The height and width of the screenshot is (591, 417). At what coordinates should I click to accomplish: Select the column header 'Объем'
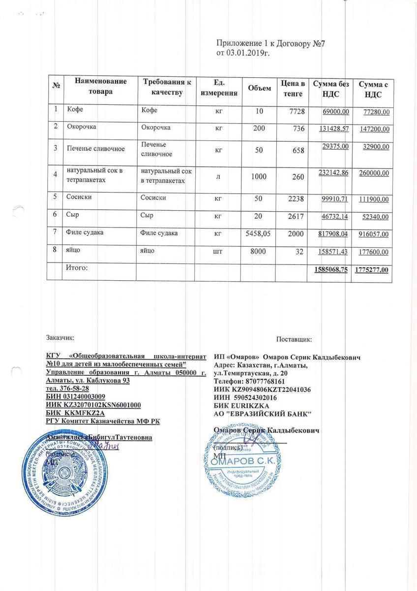[259, 88]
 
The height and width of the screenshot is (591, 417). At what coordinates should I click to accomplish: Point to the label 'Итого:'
[77, 268]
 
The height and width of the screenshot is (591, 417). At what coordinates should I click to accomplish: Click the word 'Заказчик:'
[60, 338]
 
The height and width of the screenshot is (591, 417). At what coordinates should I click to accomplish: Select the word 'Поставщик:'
[294, 339]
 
